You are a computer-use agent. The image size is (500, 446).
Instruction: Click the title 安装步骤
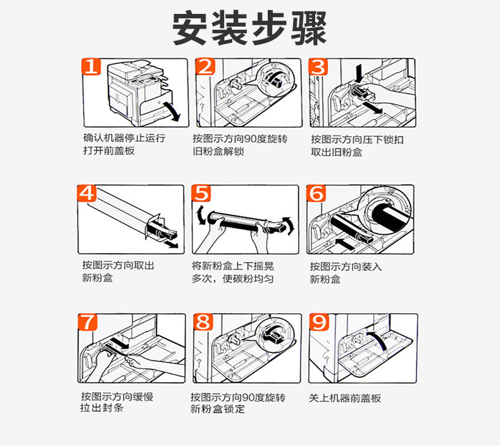(249, 28)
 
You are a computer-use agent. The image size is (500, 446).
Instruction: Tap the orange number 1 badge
(91, 67)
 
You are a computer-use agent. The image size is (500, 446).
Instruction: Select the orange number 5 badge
(201, 193)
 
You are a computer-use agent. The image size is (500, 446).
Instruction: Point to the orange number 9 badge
(319, 322)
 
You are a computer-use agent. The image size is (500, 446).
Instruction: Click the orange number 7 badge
(88, 322)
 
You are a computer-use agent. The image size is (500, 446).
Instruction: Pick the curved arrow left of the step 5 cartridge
(200, 215)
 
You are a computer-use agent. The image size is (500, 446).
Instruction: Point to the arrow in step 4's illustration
(171, 244)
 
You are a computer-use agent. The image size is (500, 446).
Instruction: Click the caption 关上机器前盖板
(345, 398)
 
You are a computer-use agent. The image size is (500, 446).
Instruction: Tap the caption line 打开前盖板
(109, 151)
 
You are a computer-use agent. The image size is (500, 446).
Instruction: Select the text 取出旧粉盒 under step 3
(337, 152)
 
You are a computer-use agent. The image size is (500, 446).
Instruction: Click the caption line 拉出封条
(102, 408)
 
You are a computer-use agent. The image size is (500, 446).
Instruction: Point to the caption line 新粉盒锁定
(218, 409)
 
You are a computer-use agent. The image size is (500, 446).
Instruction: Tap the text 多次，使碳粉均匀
(232, 278)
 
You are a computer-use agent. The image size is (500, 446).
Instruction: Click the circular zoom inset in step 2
(275, 79)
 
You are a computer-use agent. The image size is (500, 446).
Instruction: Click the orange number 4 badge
(87, 193)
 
